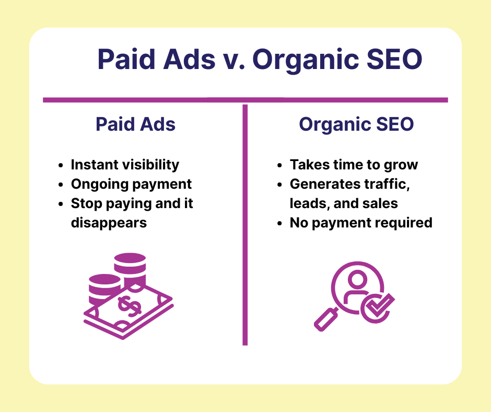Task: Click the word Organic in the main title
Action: click(306, 60)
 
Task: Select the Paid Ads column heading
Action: click(136, 124)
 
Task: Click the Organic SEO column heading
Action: click(356, 125)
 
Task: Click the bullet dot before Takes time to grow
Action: click(279, 166)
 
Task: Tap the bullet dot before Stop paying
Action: click(61, 204)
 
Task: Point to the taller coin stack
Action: click(130, 270)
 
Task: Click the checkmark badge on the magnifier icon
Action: click(377, 308)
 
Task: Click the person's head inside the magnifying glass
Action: click(357, 279)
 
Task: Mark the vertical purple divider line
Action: click(245, 225)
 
